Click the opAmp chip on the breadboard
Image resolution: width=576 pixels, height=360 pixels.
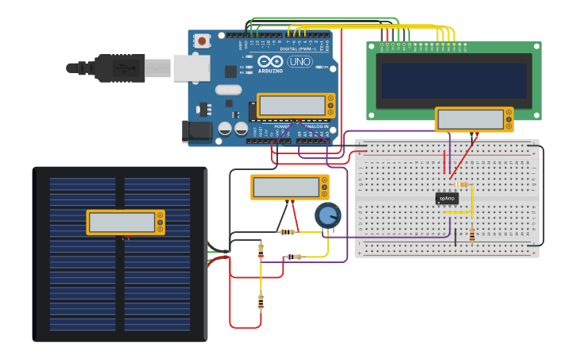447,199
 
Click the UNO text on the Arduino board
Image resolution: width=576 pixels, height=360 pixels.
300,61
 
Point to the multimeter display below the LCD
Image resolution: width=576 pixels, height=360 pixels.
470,119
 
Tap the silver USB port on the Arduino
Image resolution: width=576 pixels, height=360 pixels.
191,68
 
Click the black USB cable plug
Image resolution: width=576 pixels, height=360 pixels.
119,68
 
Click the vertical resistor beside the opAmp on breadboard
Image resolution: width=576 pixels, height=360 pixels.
472,234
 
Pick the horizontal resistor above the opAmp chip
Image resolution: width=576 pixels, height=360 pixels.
463,185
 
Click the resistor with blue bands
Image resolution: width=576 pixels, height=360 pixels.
294,257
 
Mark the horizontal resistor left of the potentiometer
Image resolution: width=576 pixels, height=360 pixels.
287,232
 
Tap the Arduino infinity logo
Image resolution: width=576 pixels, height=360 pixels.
270,61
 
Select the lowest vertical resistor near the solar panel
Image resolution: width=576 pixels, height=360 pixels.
261,301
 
